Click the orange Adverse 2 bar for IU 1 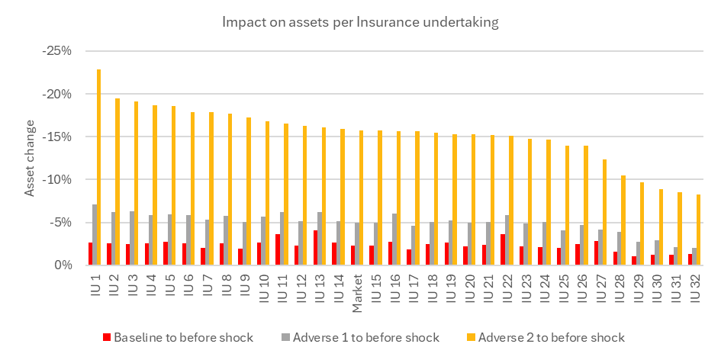(99, 167)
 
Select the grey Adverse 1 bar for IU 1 (95, 235)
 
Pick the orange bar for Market (362, 198)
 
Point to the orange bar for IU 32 (698, 230)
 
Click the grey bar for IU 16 (394, 239)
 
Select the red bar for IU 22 (503, 249)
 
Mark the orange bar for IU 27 (605, 212)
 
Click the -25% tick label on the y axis (57, 51)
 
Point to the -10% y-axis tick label (57, 179)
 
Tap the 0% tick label (64, 265)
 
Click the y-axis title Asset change (30, 158)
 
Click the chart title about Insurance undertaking (360, 23)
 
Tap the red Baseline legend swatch (107, 338)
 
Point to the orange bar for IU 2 (117, 182)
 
